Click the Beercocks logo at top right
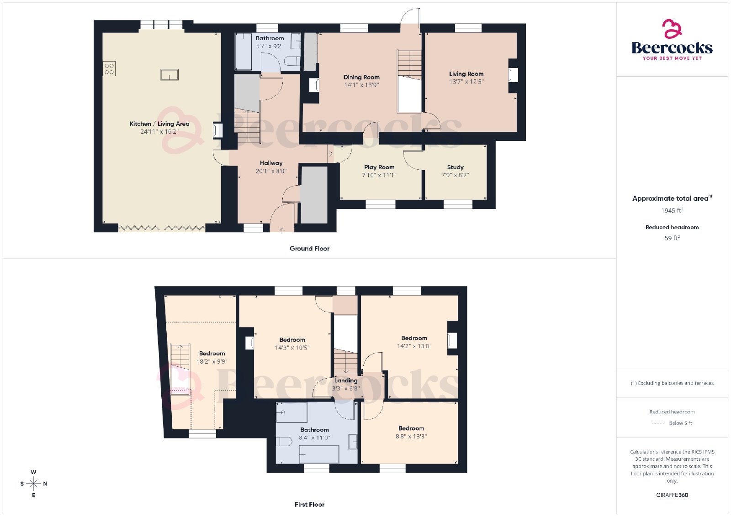672,40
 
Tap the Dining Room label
361,77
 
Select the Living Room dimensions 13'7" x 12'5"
466,82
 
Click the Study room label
455,167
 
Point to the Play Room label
379,167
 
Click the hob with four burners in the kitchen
109,69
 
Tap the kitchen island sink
170,75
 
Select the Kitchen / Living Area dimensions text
159,132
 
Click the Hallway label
271,163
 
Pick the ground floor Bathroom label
270,38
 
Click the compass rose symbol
33,484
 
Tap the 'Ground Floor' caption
309,248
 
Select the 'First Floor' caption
309,504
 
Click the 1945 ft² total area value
672,211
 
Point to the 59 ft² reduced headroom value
672,238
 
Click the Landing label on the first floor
345,380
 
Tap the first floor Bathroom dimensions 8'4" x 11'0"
314,438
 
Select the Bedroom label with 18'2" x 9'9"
212,353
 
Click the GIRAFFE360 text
672,495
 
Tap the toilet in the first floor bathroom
284,441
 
